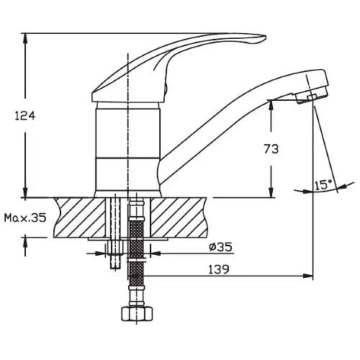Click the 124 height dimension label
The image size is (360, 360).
click(x=25, y=116)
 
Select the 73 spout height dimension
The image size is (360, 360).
click(x=271, y=149)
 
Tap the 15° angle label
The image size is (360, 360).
click(x=323, y=185)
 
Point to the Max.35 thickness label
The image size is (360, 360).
click(x=25, y=218)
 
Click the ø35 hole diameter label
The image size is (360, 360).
click(x=220, y=247)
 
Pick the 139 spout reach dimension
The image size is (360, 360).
click(x=219, y=269)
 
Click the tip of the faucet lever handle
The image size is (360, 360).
click(x=266, y=37)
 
